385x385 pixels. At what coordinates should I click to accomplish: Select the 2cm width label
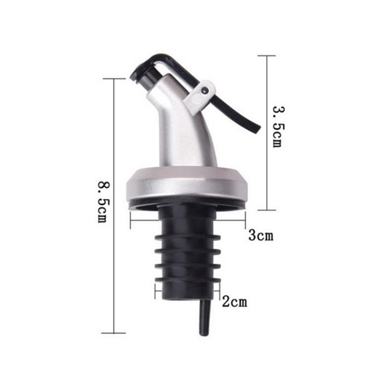(234, 302)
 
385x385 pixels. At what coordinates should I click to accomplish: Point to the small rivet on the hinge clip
(205, 90)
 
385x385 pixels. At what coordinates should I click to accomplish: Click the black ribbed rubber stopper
(188, 250)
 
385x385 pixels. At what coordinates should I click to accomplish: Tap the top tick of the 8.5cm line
(114, 79)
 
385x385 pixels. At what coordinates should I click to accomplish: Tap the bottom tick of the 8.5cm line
(114, 333)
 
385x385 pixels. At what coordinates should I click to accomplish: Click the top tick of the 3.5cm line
(267, 55)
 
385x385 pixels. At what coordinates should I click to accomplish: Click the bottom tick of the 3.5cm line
(267, 210)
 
